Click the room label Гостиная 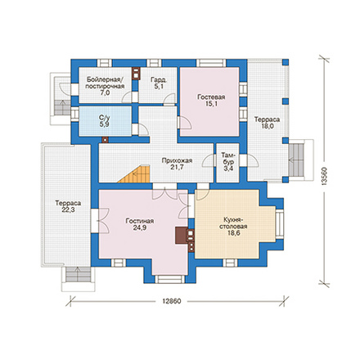140,221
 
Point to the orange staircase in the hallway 137,174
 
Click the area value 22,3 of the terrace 68,210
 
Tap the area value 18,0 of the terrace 268,126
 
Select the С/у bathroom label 105,118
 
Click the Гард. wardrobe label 159,80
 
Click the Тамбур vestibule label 228,159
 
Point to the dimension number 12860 172,301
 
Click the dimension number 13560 324,177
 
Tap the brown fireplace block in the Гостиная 181,236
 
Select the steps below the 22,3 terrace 78,275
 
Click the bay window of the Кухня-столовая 280,223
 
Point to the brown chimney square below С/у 105,140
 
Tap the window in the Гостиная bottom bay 169,279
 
